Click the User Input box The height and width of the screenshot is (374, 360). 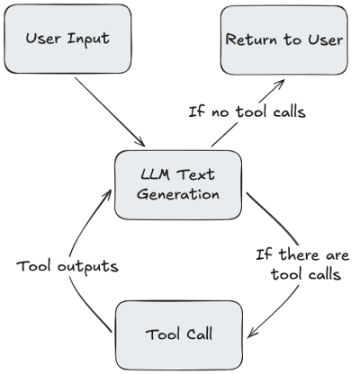point(69,40)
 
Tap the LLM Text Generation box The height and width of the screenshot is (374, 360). point(178,185)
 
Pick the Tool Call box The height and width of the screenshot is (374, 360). point(178,334)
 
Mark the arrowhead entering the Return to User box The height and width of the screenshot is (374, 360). point(279,84)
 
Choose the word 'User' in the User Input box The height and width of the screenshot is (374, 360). point(46,40)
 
